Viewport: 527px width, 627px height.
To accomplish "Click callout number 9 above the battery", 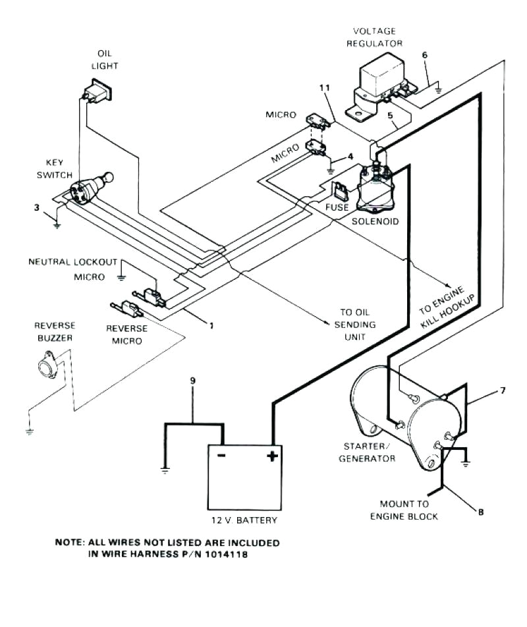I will point(192,381).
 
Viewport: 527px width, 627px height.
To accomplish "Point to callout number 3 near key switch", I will point(37,208).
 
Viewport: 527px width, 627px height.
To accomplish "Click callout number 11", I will point(323,87).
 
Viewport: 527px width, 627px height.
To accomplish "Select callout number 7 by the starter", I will point(502,391).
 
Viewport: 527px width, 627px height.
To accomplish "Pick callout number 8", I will point(480,510).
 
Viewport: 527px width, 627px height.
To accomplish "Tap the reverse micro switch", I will point(127,306).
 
